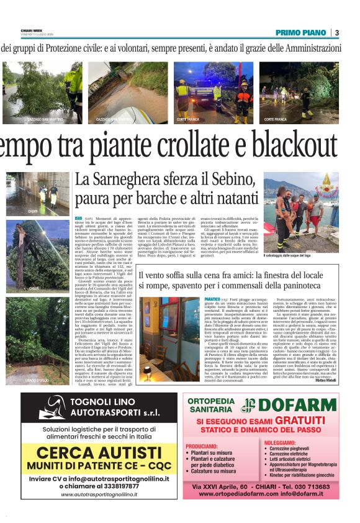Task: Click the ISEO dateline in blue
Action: click(x=78, y=219)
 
